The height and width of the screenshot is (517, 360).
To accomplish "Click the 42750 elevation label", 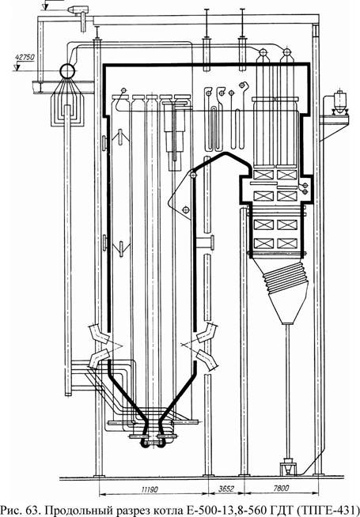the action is pos(25,57).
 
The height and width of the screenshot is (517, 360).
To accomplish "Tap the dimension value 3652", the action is pos(227,489).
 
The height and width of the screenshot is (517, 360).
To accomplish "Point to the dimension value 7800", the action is pos(281,489).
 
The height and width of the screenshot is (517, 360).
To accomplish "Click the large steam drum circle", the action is pos(67,70).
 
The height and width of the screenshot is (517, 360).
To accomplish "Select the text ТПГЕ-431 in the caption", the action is pos(333,511).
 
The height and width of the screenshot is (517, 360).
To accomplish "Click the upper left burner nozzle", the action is pos(97,334).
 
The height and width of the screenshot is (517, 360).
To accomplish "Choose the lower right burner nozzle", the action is pos(207,360).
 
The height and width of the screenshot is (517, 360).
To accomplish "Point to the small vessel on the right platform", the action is pos(339,100).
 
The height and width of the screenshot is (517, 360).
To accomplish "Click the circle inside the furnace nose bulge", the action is pos(185,209).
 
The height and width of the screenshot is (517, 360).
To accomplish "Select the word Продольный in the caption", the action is pos(81,511).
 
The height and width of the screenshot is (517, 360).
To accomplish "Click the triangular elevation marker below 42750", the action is pos(17,68).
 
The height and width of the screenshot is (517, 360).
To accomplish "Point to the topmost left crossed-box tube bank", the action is pos(263,175).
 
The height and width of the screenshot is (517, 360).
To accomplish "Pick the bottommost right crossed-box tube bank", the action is pos(287,243).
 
